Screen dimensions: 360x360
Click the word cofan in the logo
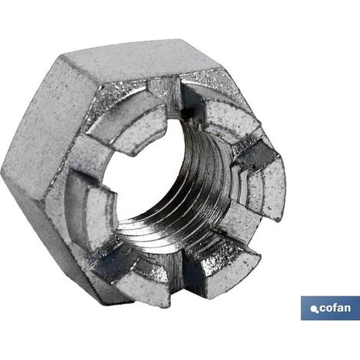[335, 308]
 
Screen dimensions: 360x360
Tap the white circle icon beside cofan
[314, 309]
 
